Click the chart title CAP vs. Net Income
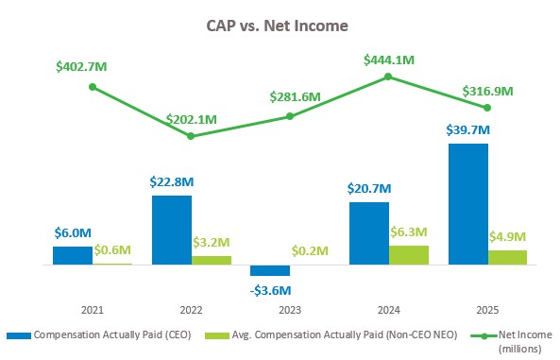[280, 26]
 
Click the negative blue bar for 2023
[270, 270]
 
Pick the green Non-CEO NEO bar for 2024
[408, 255]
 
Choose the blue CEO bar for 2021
[73, 255]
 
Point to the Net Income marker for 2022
[191, 136]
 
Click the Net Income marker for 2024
[388, 77]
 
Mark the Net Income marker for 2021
[93, 87]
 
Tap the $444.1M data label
[389, 60]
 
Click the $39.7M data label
[467, 129]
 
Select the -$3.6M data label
[270, 289]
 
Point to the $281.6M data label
[290, 98]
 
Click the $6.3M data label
[409, 231]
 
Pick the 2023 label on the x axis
[290, 310]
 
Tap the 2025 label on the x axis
[487, 310]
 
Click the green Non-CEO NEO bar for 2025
[507, 258]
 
